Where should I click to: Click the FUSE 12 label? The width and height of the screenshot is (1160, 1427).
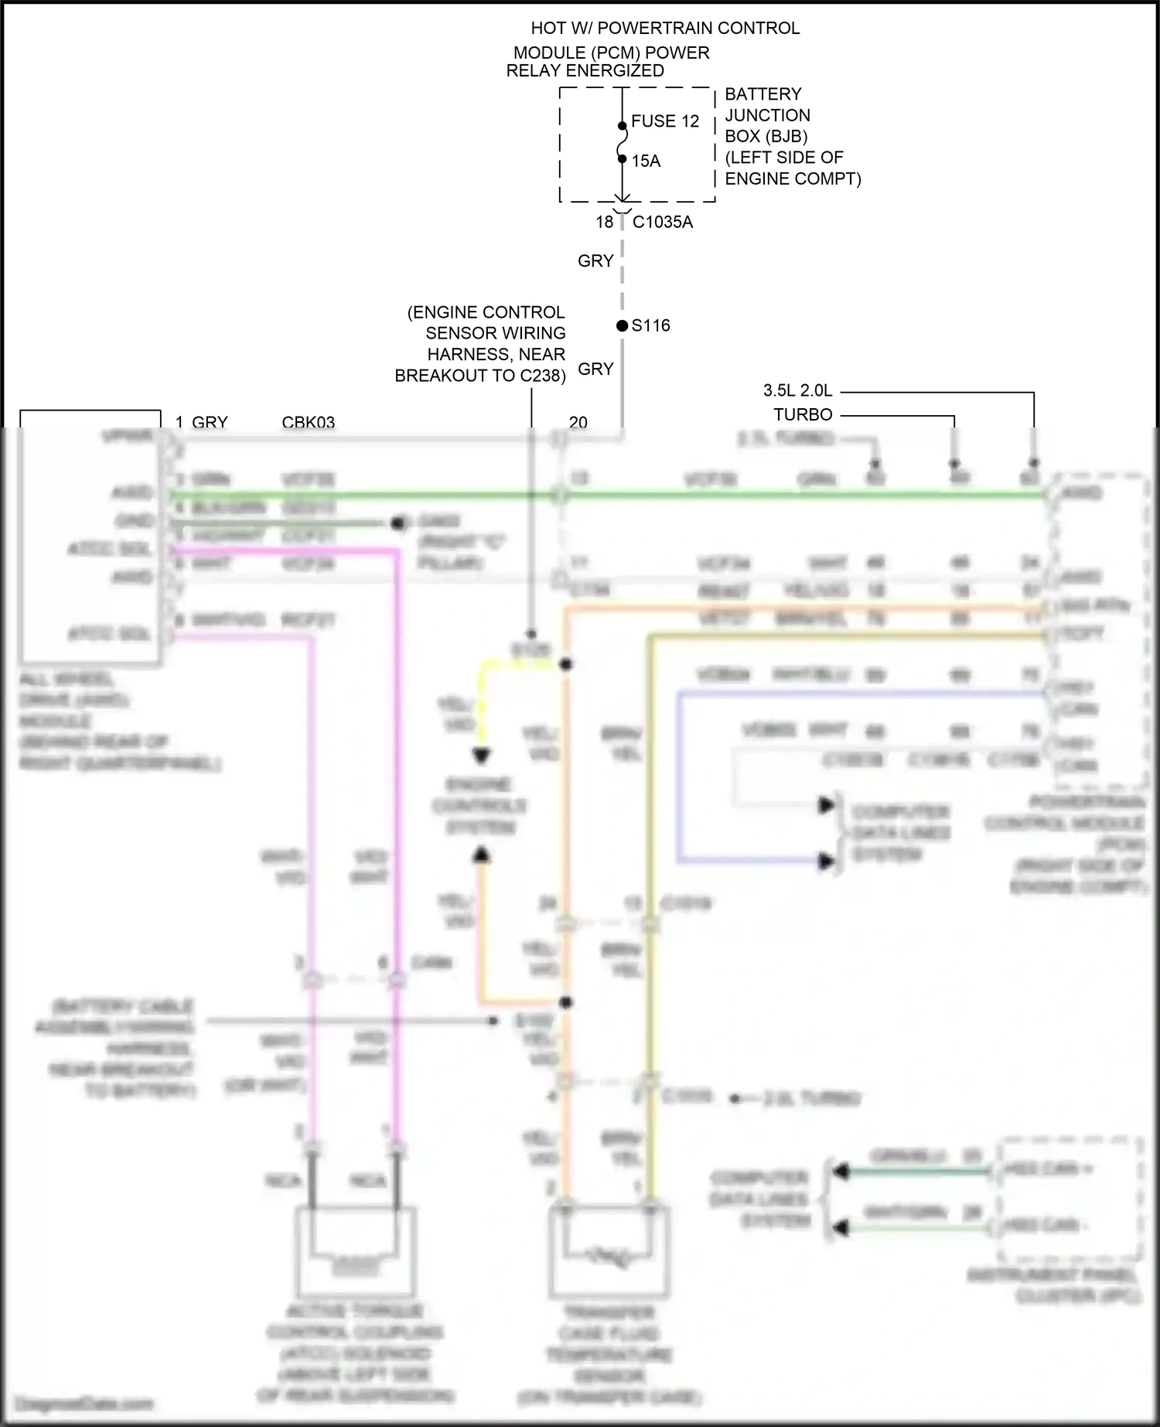pos(664,121)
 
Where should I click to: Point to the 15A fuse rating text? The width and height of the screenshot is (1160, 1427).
pos(646,161)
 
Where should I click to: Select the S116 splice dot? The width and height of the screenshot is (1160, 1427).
pos(622,325)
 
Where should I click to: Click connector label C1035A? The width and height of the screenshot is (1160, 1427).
pos(662,222)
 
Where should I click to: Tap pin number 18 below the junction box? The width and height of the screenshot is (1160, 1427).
pos(604,222)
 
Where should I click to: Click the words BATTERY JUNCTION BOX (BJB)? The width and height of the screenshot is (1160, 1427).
pos(766,115)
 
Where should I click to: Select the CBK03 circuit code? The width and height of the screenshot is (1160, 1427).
pos(308,422)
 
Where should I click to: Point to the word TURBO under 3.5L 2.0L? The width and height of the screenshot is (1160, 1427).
pos(803,414)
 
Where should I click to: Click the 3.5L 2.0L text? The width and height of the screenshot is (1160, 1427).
pos(797,390)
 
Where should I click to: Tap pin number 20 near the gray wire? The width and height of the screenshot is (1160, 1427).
pos(578,422)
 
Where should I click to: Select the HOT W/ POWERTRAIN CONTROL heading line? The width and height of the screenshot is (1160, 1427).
pos(664,28)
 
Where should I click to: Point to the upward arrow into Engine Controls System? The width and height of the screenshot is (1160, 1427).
pos(481,854)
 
